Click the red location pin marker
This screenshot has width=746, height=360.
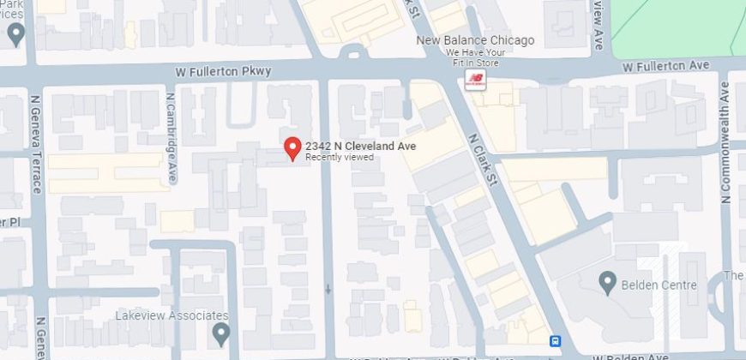(x=292, y=148)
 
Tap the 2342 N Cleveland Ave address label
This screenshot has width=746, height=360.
(x=360, y=147)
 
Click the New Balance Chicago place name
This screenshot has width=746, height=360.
(x=475, y=40)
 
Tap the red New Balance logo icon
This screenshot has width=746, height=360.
(x=474, y=80)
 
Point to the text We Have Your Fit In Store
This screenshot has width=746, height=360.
(x=475, y=57)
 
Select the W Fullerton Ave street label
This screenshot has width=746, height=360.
(x=666, y=65)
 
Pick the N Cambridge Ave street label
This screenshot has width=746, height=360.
(x=171, y=136)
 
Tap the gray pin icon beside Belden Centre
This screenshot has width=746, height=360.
(x=608, y=280)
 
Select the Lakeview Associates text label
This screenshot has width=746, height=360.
(x=171, y=315)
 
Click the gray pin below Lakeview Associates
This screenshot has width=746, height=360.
(x=221, y=331)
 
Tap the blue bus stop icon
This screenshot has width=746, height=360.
(x=556, y=340)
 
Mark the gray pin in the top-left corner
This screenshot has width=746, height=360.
(x=15, y=34)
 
